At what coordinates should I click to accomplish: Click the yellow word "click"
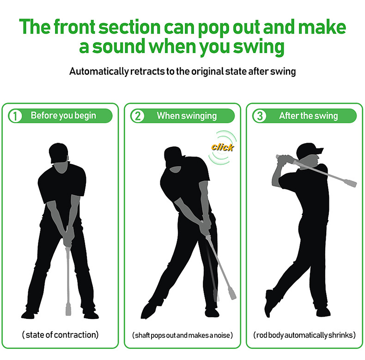[222, 147]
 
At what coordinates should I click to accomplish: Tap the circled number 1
[15, 116]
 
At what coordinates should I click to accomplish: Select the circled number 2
[138, 116]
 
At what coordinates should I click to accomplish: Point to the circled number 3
[260, 116]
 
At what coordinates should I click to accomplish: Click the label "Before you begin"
[63, 115]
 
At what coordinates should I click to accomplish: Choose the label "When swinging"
[187, 115]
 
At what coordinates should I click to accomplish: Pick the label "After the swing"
[309, 115]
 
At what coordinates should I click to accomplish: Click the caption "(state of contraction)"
[60, 335]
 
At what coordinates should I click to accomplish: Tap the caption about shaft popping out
[182, 336]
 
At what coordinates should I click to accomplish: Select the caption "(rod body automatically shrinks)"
[304, 335]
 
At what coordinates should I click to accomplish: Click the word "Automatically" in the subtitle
[99, 72]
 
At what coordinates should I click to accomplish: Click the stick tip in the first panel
[68, 309]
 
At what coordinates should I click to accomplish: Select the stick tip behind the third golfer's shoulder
[351, 183]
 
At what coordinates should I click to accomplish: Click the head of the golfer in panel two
[173, 158]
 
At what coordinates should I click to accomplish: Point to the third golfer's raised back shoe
[269, 303]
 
